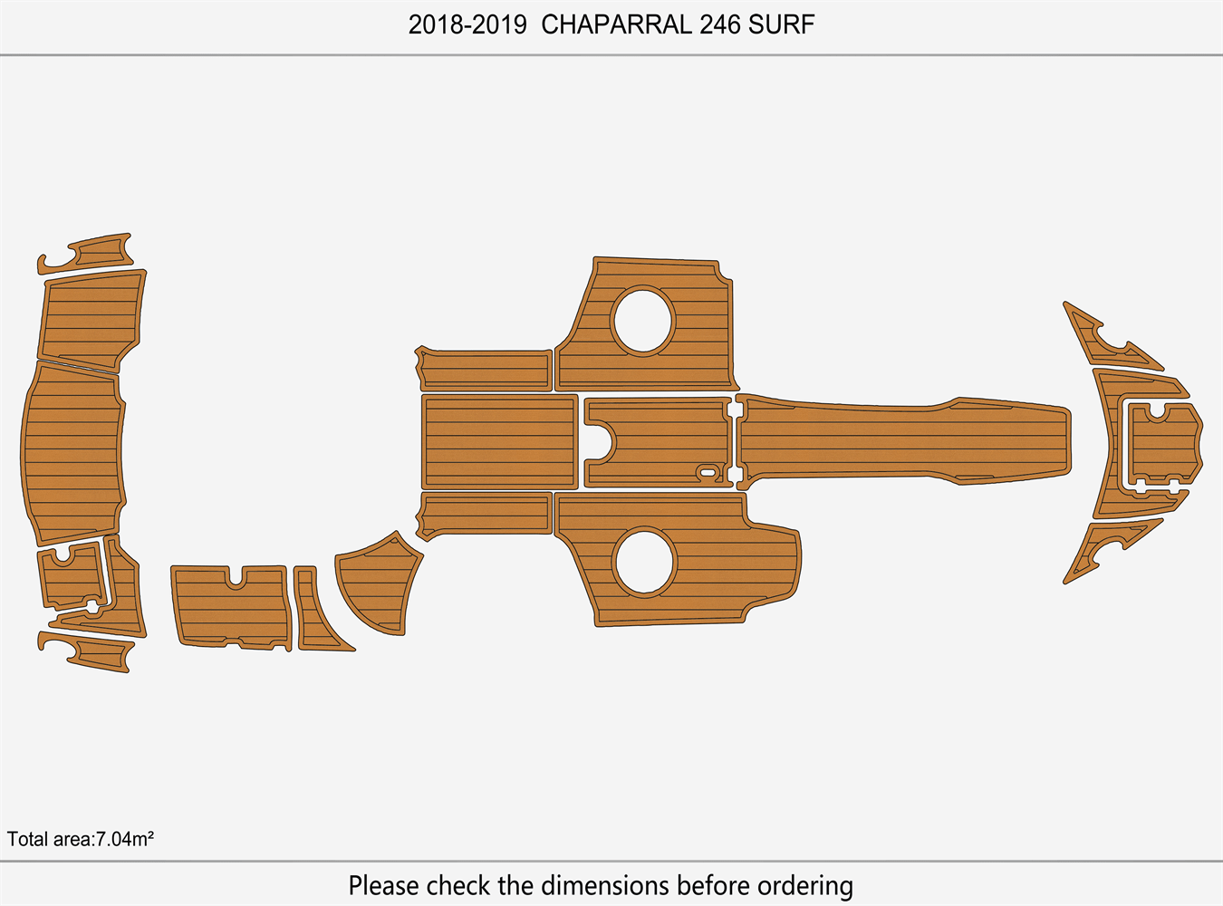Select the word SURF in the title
[x=781, y=24]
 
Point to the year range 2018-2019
[x=467, y=24]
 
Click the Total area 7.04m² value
[x=81, y=839]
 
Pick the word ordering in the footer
[x=804, y=884]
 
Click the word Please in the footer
[x=383, y=884]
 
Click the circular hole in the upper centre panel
[x=642, y=320]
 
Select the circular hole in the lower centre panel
[x=644, y=562]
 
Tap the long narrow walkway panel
[x=906, y=439]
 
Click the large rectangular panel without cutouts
[x=499, y=441]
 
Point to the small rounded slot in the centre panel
[x=706, y=471]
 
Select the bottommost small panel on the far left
[x=91, y=651]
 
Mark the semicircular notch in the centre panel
[x=602, y=442]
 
